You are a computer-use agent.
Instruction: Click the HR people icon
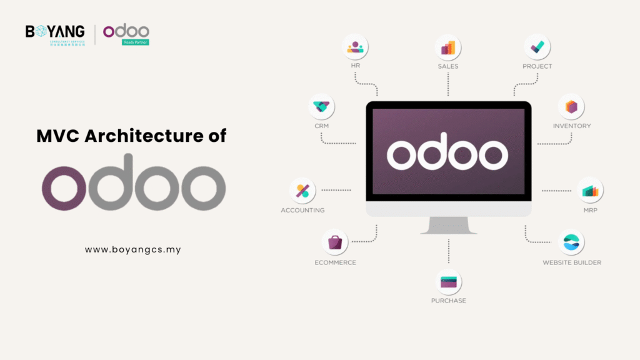pyautogui.click(x=355, y=47)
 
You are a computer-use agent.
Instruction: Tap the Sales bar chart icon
pyautogui.click(x=448, y=47)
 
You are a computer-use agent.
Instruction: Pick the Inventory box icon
pyautogui.click(x=571, y=106)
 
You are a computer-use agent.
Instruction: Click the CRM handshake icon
pyautogui.click(x=322, y=107)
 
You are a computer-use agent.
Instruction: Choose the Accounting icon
pyautogui.click(x=302, y=191)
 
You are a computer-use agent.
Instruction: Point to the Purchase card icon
pyautogui.click(x=448, y=281)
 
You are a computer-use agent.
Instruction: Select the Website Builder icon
pyautogui.click(x=571, y=243)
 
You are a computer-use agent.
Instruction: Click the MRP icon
pyautogui.click(x=591, y=191)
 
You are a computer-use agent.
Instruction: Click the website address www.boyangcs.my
pyautogui.click(x=133, y=249)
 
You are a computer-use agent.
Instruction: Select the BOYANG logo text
pyautogui.click(x=55, y=31)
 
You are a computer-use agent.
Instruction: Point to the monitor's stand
pyautogui.click(x=448, y=226)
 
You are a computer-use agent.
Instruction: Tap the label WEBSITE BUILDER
pyautogui.click(x=572, y=262)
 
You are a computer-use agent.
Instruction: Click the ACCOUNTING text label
pyautogui.click(x=302, y=211)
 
